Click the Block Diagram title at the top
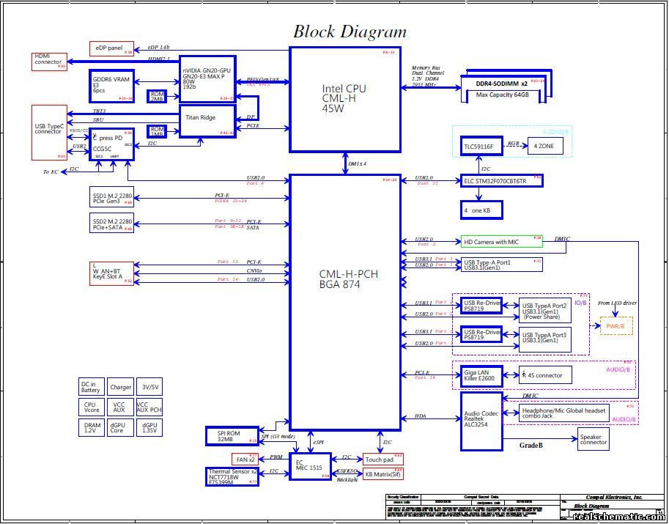[x=350, y=32]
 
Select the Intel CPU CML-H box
[x=344, y=98]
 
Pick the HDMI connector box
[x=49, y=62]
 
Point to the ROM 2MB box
[x=157, y=97]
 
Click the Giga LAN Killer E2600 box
[x=481, y=376]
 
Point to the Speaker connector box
[x=593, y=439]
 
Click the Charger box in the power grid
[x=120, y=387]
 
